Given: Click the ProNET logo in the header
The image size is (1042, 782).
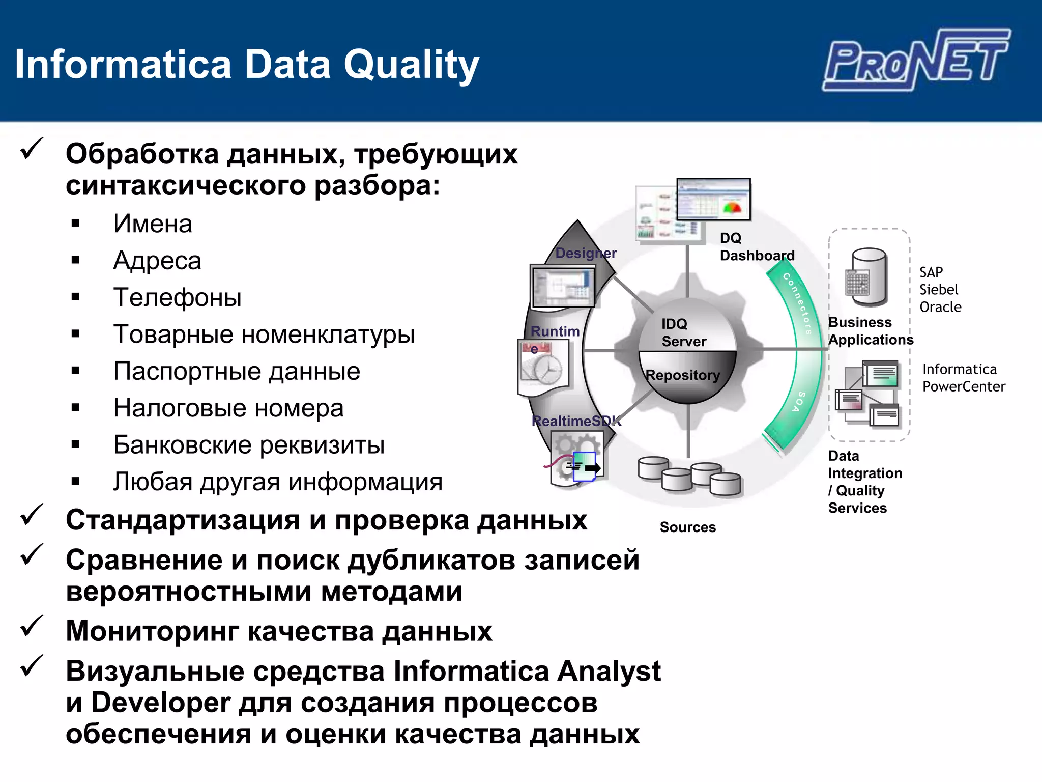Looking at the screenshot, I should (916, 60).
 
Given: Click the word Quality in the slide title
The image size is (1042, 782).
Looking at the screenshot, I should (411, 65).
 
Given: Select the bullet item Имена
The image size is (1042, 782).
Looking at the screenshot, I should (153, 224).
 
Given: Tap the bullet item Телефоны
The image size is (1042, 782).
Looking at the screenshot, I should (177, 297).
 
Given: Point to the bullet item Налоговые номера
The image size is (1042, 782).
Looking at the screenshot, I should (228, 408).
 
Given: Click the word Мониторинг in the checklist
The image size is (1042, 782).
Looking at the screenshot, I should (152, 631).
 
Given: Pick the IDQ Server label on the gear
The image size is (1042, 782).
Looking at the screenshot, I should (683, 332).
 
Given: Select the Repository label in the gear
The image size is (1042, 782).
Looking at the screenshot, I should (682, 375).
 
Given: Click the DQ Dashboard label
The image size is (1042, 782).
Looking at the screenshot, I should (757, 247).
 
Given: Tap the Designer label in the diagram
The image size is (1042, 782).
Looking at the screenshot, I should (586, 253).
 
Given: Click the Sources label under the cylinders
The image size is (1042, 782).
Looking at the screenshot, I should (687, 527).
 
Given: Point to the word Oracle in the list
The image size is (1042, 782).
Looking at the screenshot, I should (940, 307).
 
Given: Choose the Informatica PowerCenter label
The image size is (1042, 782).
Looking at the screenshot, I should (963, 378).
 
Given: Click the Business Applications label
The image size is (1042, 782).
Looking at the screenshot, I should (870, 331).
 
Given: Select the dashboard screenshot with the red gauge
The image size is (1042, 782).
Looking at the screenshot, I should (713, 199).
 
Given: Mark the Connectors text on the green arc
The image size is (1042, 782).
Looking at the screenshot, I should (797, 303).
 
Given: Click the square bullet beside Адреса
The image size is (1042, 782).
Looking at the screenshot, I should (76, 261).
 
